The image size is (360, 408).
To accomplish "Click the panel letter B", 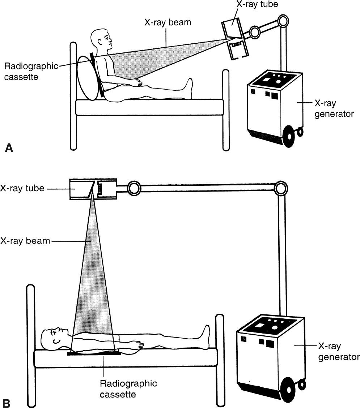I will point(7,402).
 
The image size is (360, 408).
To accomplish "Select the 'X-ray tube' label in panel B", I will point(22,188).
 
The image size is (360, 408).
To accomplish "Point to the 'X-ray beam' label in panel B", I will point(25,240).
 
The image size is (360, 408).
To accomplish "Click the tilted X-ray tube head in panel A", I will point(236,39).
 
